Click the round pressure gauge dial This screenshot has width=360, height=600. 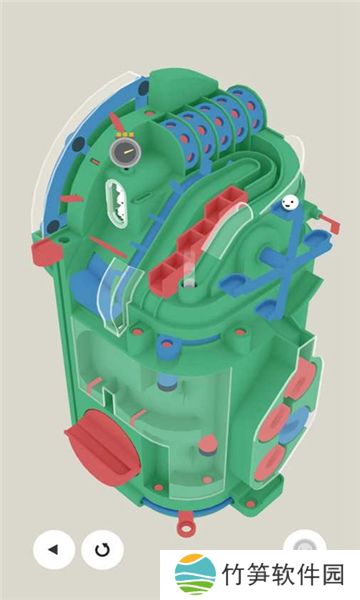pos(125,152)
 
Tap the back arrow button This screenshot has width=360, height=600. pos(54,549)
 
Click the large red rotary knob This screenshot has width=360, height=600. pos(102,442)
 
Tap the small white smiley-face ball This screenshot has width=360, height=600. pos(290,202)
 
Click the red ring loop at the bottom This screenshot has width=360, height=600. pos(186,527)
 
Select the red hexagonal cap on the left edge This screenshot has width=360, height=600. pos(46,251)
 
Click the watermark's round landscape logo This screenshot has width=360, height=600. pos(195,574)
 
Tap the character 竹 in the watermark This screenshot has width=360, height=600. pos(234,575)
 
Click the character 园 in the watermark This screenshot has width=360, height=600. pos(332,575)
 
